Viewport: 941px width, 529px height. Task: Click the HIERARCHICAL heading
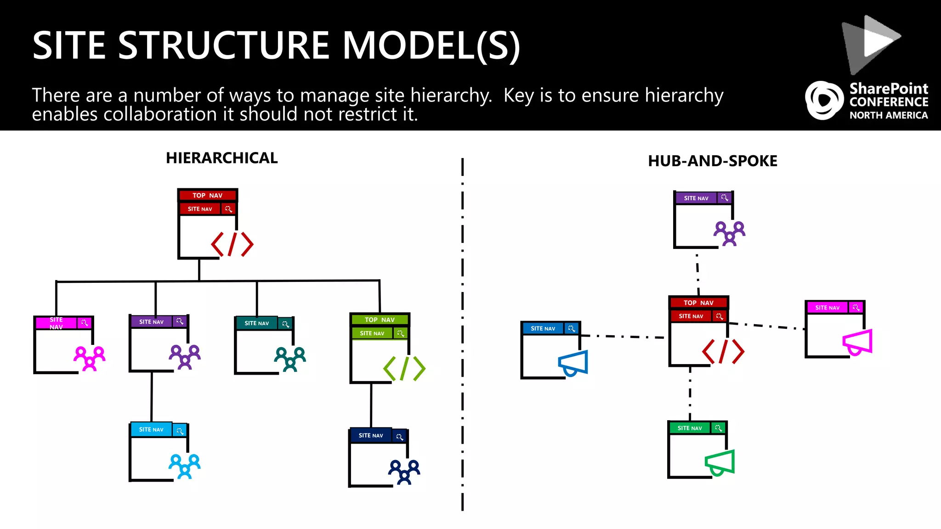[x=221, y=158]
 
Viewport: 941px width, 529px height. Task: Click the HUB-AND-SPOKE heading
[x=712, y=161]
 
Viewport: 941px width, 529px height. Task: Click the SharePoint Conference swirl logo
[x=824, y=100]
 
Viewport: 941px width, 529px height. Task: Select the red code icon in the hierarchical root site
[x=232, y=244]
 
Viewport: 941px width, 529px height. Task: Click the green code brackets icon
[x=404, y=368]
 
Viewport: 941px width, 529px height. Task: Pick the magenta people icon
[x=90, y=358]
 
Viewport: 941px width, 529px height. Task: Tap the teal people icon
[x=290, y=359]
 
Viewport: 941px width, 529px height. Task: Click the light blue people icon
[x=184, y=466]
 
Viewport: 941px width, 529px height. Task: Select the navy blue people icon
[x=404, y=472]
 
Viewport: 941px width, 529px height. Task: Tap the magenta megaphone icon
[x=857, y=342]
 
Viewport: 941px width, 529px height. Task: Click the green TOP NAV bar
[x=380, y=320]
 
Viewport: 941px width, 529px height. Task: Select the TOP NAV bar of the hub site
[x=698, y=303]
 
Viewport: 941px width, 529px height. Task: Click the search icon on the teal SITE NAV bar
[x=285, y=324]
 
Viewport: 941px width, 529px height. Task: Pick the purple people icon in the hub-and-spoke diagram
[x=729, y=233]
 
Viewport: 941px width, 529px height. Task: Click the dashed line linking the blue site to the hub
[x=623, y=337]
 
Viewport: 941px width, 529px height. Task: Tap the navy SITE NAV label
[x=371, y=435]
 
